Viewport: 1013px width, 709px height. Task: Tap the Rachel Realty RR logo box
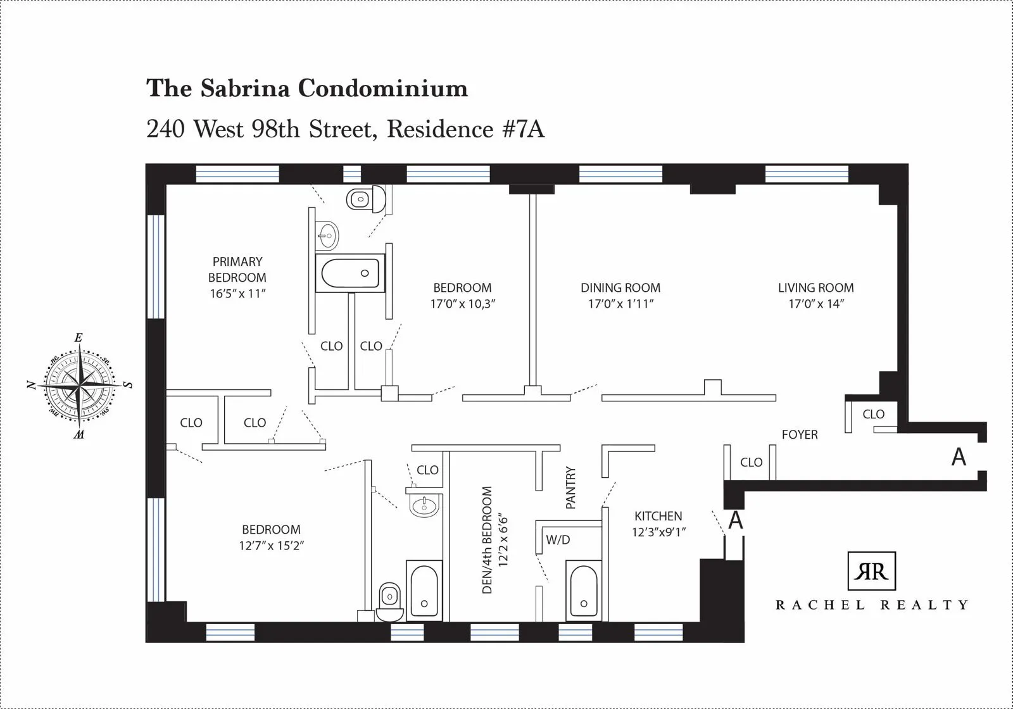[x=871, y=571]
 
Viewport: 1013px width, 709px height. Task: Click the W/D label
[x=558, y=540]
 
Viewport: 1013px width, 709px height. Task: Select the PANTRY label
[x=570, y=488]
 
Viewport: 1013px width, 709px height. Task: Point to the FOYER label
[x=799, y=435]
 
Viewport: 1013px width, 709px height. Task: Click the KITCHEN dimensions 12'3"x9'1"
[x=658, y=532]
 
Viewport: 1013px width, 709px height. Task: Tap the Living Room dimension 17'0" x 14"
[x=816, y=304]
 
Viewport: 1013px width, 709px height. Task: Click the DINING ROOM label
[x=620, y=288]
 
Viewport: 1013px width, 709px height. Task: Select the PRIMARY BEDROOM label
[x=237, y=270]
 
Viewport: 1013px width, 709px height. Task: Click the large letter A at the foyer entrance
[x=959, y=457]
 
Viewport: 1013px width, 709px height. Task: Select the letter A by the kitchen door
[x=735, y=520]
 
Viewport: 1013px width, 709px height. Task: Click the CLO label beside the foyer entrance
[x=873, y=414]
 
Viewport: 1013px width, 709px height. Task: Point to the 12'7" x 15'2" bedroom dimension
[x=271, y=546]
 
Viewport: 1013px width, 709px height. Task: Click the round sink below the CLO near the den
[x=423, y=505]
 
